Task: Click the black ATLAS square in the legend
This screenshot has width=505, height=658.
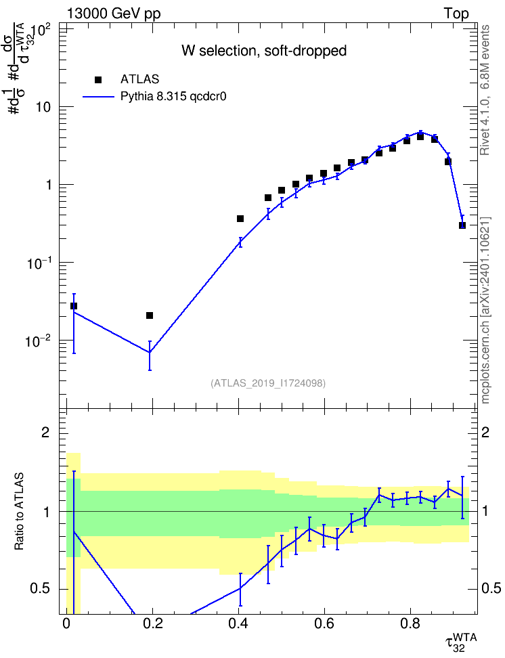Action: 98,80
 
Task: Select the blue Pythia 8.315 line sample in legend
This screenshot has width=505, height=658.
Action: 98,97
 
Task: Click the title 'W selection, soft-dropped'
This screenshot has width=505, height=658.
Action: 264,51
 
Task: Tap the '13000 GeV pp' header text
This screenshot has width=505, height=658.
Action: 113,14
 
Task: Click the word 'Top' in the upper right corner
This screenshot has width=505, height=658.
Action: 456,14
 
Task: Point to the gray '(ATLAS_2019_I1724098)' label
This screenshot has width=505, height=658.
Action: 268,383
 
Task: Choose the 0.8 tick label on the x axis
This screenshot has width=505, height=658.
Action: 410,623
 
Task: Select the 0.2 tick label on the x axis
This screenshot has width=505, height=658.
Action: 152,623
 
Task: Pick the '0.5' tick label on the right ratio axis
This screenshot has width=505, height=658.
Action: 491,588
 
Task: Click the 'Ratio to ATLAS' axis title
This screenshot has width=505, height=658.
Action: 19,512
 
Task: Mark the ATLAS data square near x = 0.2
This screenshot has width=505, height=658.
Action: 150,315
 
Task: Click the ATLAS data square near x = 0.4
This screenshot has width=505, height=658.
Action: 240,219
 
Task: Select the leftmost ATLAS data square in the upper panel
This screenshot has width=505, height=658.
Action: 74,306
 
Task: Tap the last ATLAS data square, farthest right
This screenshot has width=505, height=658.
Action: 462,225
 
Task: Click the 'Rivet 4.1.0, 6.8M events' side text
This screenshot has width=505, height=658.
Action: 485,90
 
